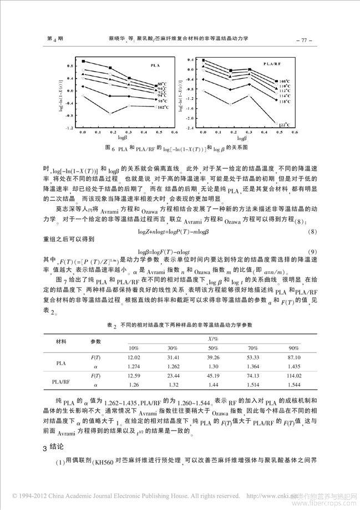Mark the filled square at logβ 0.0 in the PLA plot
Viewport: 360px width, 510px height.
83,61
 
